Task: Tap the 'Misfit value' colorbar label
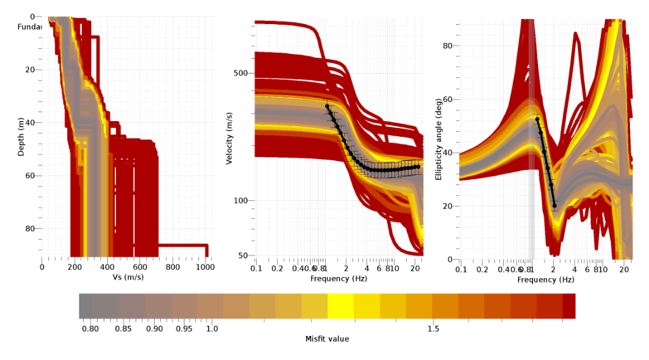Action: [327, 339]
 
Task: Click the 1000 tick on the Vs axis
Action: [206, 267]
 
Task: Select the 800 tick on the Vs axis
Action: [173, 267]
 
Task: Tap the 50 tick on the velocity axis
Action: [243, 255]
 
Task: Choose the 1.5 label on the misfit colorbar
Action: [434, 329]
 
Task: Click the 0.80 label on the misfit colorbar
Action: [91, 329]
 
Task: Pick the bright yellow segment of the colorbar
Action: [340, 305]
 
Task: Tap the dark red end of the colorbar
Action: [569, 305]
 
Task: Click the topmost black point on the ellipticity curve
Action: [537, 119]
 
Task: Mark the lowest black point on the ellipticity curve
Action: [555, 205]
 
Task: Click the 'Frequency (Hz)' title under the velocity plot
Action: [339, 279]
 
